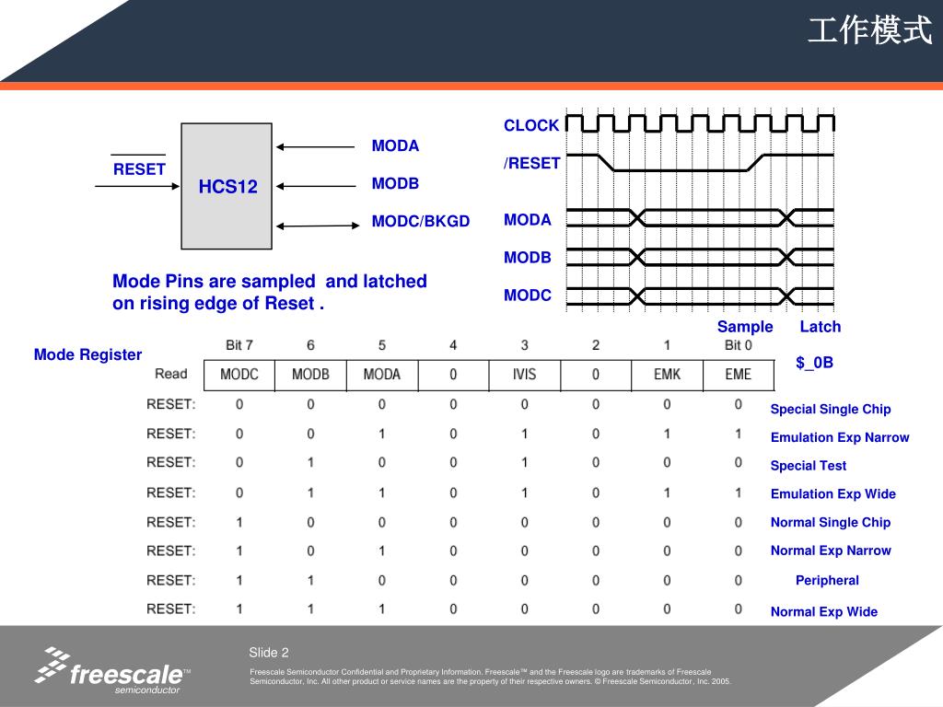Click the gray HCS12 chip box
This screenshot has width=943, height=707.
click(x=227, y=186)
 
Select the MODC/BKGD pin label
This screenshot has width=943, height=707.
click(x=420, y=221)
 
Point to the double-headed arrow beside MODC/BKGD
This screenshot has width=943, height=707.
click(x=318, y=226)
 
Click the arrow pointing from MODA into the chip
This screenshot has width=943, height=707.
click(x=316, y=146)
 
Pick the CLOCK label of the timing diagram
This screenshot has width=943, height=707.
click(x=531, y=125)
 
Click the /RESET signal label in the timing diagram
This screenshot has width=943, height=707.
click(x=531, y=163)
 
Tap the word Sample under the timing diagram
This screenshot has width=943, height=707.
click(x=745, y=327)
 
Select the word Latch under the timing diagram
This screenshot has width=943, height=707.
click(x=821, y=327)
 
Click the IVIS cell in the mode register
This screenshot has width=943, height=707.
click(x=524, y=375)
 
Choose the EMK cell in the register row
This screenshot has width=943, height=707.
click(x=667, y=375)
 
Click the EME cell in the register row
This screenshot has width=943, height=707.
click(x=739, y=375)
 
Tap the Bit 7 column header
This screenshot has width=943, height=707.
click(x=239, y=345)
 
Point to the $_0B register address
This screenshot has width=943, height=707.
click(x=814, y=363)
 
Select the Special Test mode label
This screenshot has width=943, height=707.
click(x=809, y=466)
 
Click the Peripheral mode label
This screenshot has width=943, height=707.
click(x=827, y=580)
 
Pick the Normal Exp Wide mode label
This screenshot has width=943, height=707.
click(x=824, y=611)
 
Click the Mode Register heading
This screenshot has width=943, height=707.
click(x=87, y=354)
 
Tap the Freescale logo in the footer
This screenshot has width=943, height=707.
click(x=112, y=671)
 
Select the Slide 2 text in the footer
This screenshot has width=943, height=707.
click(x=269, y=653)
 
